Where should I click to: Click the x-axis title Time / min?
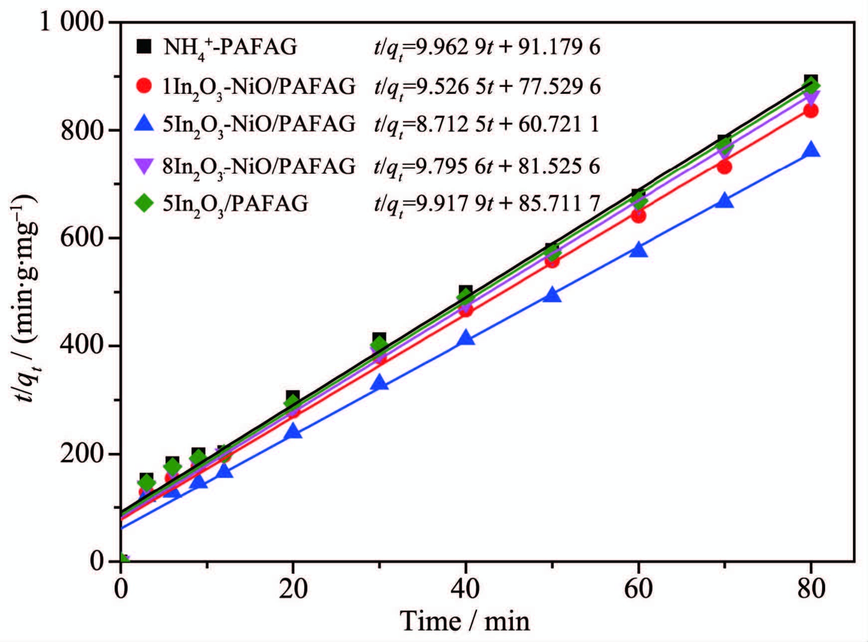tap(464, 622)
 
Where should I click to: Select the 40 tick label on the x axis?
tap(465, 589)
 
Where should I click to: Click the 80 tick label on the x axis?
tap(811, 589)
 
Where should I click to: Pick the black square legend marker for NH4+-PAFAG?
tap(144, 47)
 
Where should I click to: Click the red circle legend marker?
tap(144, 86)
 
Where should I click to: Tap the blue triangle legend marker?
tap(144, 123)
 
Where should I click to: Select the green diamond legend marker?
tap(144, 203)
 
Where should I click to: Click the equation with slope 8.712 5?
tap(487, 124)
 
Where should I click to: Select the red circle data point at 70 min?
tap(724, 167)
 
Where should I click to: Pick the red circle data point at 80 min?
tap(811, 110)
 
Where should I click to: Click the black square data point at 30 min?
tap(379, 339)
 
